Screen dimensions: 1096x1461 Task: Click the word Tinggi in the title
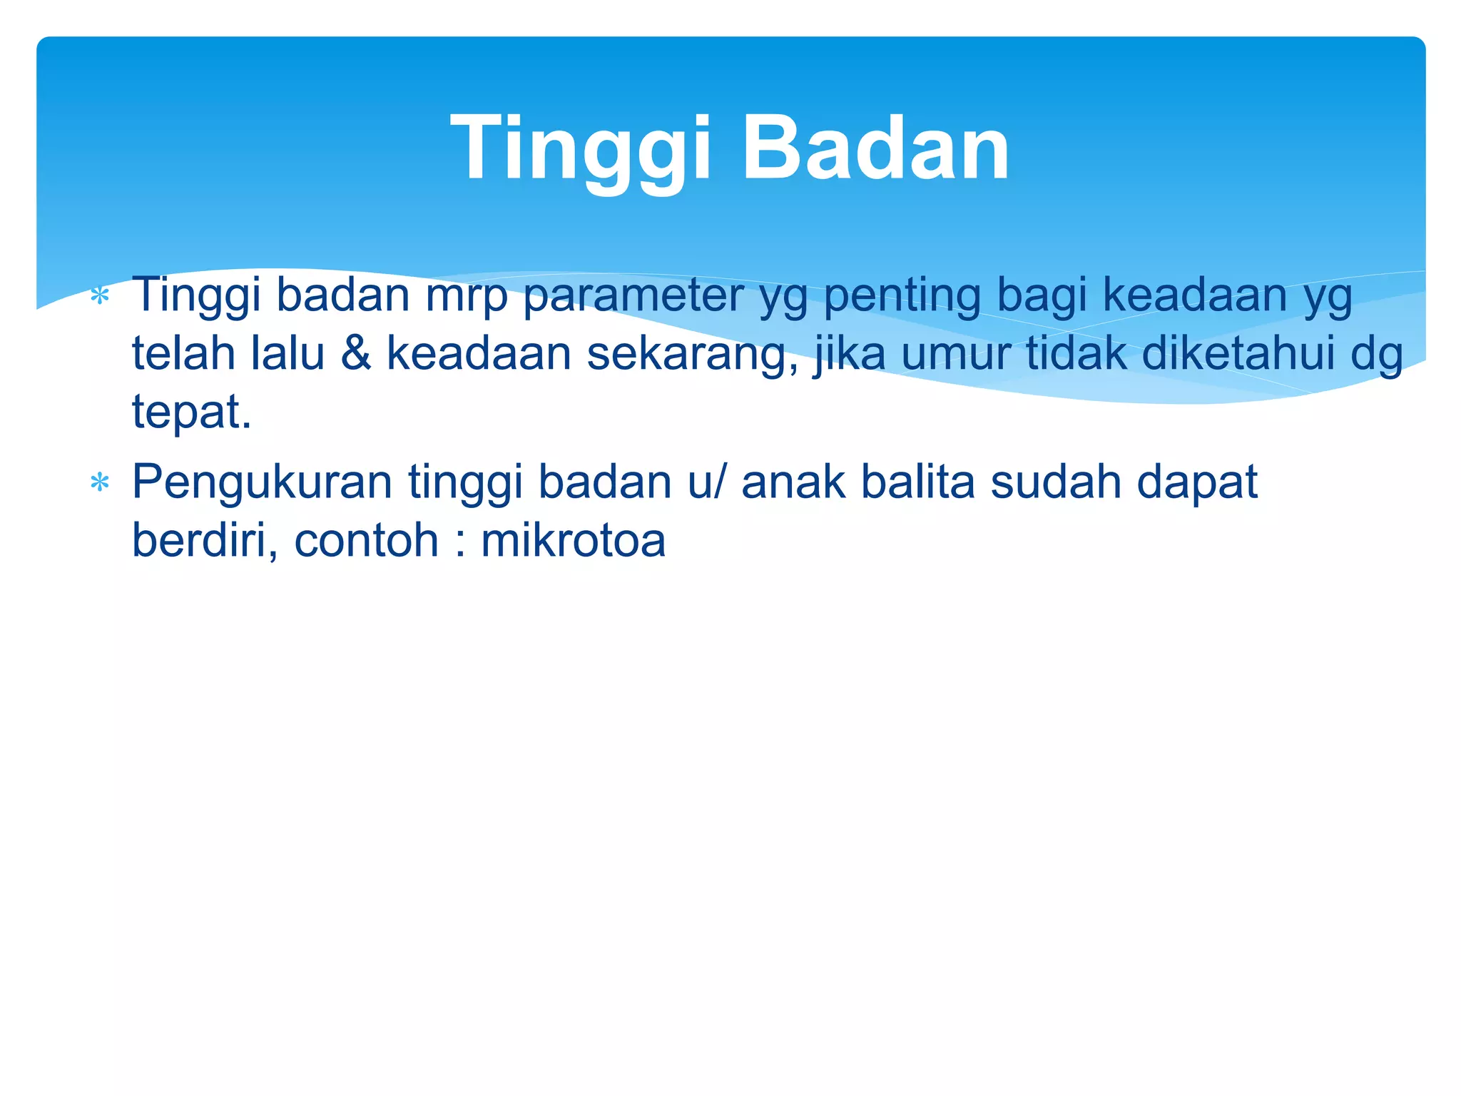[x=581, y=150]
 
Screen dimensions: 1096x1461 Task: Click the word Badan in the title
[x=875, y=150]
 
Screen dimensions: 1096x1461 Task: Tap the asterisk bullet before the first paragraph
[x=100, y=295]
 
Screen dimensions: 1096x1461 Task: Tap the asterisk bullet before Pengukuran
[x=100, y=484]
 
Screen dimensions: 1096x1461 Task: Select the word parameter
[x=633, y=295]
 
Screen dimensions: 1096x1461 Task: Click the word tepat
[x=191, y=412]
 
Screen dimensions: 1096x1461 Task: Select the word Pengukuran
[x=262, y=484]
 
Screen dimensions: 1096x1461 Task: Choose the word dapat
[x=1196, y=484]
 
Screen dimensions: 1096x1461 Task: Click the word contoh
[x=366, y=540]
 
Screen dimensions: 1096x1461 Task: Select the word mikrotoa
[x=573, y=540]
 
